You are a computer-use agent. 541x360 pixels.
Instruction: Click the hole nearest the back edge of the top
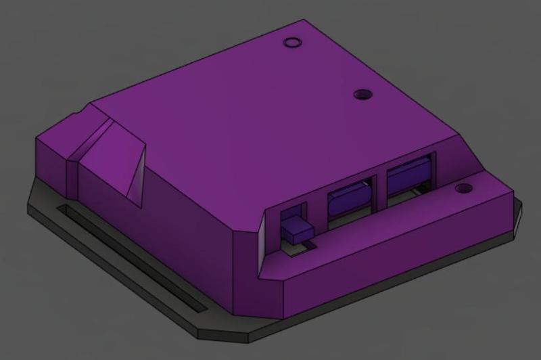coord(291,43)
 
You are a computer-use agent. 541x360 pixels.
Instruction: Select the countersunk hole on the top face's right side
coord(364,94)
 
